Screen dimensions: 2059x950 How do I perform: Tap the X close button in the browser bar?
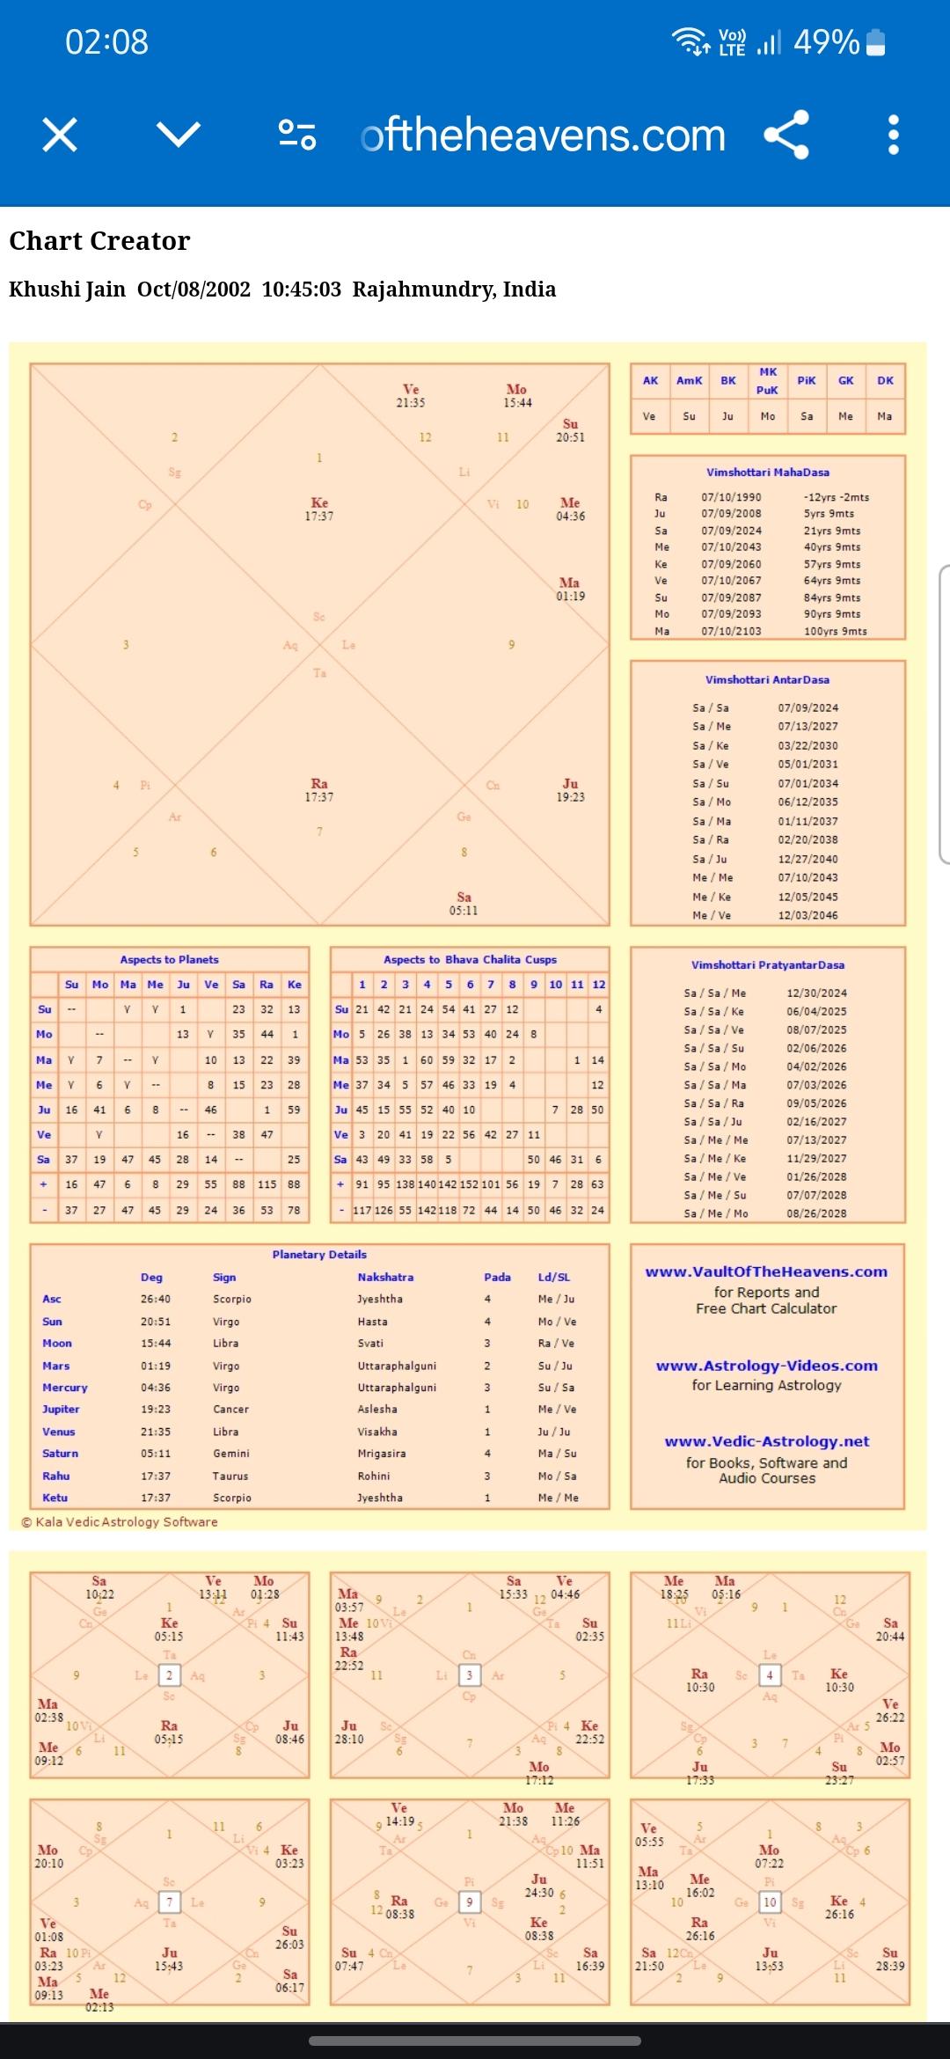pos(60,135)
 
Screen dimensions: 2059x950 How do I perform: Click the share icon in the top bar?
pos(786,135)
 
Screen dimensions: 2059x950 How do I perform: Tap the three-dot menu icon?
pos(893,135)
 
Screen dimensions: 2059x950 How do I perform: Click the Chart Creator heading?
pos(99,241)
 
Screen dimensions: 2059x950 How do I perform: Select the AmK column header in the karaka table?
pos(689,381)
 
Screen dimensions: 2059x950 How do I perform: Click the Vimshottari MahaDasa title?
pos(767,473)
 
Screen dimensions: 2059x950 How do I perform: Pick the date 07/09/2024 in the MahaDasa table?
pos(731,531)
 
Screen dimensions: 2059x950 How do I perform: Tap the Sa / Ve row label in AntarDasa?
pos(710,765)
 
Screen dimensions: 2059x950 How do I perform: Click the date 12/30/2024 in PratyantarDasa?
pos(816,993)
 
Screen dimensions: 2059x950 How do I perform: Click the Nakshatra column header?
pos(385,1277)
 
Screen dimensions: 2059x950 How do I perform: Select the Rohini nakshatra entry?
pos(374,1476)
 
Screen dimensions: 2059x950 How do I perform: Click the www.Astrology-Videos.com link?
pos(766,1366)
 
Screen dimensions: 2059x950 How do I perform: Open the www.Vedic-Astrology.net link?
pos(766,1441)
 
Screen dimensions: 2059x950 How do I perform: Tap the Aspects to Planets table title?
pos(169,959)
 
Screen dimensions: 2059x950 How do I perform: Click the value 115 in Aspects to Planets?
pos(267,1184)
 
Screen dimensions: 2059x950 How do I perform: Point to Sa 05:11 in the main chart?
pos(464,904)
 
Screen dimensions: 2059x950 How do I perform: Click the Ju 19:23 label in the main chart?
pos(570,790)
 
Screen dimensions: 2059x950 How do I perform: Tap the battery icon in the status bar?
pos(875,42)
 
